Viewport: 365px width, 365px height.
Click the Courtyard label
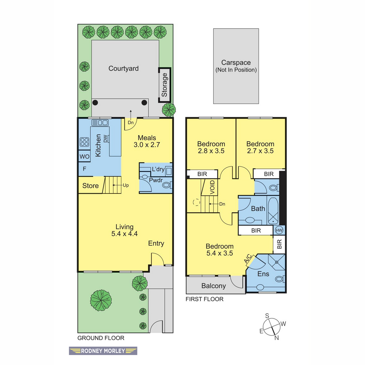pos(123,68)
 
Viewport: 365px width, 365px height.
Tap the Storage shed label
pos(164,85)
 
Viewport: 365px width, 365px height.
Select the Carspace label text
pos(236,63)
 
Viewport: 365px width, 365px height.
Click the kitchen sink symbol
pos(100,123)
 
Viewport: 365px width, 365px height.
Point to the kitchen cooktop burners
pos(85,142)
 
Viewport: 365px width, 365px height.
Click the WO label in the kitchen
pos(85,156)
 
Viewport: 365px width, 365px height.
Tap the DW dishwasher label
pos(105,138)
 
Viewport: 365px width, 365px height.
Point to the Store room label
pos(90,186)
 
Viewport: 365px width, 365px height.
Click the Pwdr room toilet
pos(167,185)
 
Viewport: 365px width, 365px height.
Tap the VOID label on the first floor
pos(213,187)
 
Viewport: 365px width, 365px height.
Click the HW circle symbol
pos(279,230)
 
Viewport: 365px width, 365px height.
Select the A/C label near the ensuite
pos(248,259)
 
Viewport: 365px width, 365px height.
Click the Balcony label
pos(214,286)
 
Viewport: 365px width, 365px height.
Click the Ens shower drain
pos(276,262)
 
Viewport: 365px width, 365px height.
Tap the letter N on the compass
pos(276,343)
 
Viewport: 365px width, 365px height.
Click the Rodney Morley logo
pos(103,351)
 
